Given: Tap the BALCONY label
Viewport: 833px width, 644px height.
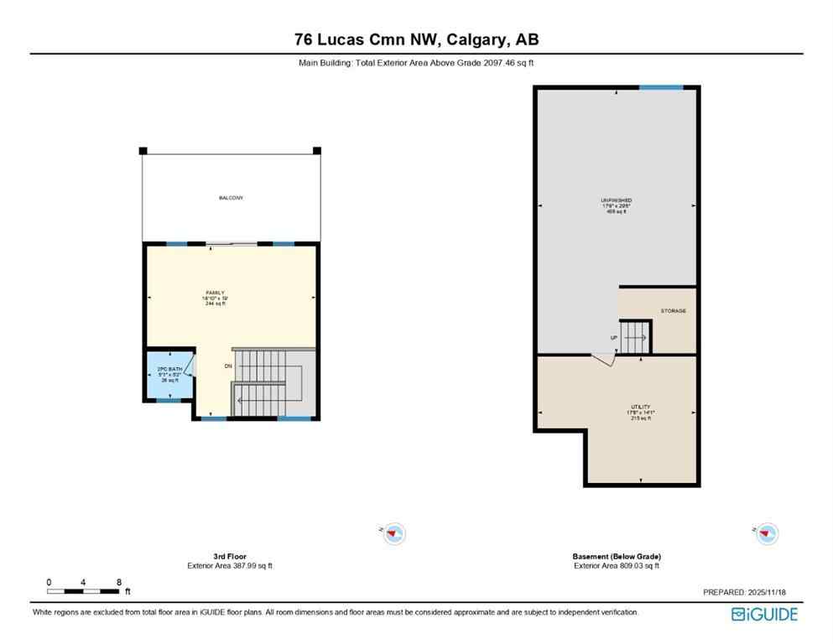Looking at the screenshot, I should point(231,198).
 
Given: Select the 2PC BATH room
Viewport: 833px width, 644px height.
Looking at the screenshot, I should point(170,374).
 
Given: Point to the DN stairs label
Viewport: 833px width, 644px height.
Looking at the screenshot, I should point(227,366).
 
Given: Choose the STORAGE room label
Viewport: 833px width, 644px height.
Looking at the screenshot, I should point(673,311).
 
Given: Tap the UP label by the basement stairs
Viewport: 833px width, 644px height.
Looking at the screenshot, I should point(614,338).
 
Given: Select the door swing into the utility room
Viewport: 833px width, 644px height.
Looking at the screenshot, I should point(604,358).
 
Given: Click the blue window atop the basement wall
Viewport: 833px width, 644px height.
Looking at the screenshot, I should point(660,87).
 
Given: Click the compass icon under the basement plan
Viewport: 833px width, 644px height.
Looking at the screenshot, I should point(766,532).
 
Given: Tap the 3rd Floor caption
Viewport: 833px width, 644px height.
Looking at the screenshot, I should point(230,556).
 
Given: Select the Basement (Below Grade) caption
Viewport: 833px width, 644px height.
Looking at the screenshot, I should point(617,556).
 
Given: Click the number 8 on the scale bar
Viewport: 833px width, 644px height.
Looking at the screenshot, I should point(119,582).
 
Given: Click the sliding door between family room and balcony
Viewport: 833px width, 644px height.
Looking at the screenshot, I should point(231,244).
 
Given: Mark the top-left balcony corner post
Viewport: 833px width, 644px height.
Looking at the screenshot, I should point(143,151).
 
